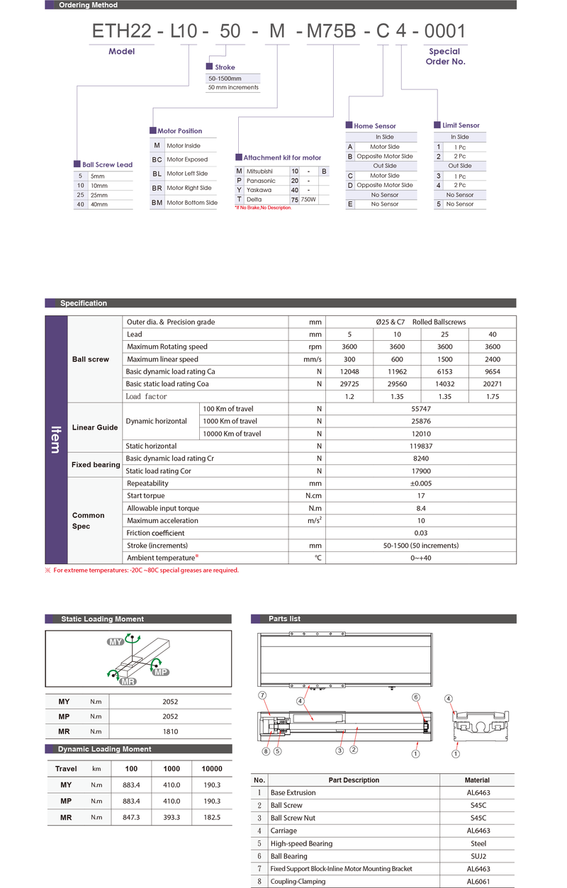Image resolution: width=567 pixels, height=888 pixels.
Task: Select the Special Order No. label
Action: click(444, 56)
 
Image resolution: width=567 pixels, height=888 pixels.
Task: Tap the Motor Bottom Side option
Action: click(191, 203)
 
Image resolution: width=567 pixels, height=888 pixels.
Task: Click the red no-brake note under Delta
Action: click(263, 208)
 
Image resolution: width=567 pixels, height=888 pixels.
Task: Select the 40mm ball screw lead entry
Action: click(99, 204)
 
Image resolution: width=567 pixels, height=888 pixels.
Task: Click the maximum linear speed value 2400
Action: click(492, 359)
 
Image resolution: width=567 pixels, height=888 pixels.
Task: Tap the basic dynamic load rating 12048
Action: click(349, 371)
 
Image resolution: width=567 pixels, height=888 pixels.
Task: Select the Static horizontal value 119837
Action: click(421, 446)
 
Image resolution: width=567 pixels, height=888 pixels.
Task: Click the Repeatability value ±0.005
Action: click(421, 483)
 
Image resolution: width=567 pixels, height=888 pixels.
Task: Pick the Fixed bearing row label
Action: click(96, 465)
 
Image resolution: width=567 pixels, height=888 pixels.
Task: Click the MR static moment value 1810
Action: click(170, 731)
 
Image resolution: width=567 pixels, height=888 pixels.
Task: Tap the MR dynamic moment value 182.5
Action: click(211, 817)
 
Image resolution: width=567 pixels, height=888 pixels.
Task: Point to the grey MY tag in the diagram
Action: click(115, 641)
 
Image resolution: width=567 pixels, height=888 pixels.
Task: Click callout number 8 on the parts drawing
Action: click(266, 751)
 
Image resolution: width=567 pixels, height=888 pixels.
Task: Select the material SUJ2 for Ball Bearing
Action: click(477, 856)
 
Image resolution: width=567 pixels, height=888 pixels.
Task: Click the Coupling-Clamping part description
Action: click(298, 882)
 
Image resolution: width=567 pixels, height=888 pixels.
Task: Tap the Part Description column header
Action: click(354, 780)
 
